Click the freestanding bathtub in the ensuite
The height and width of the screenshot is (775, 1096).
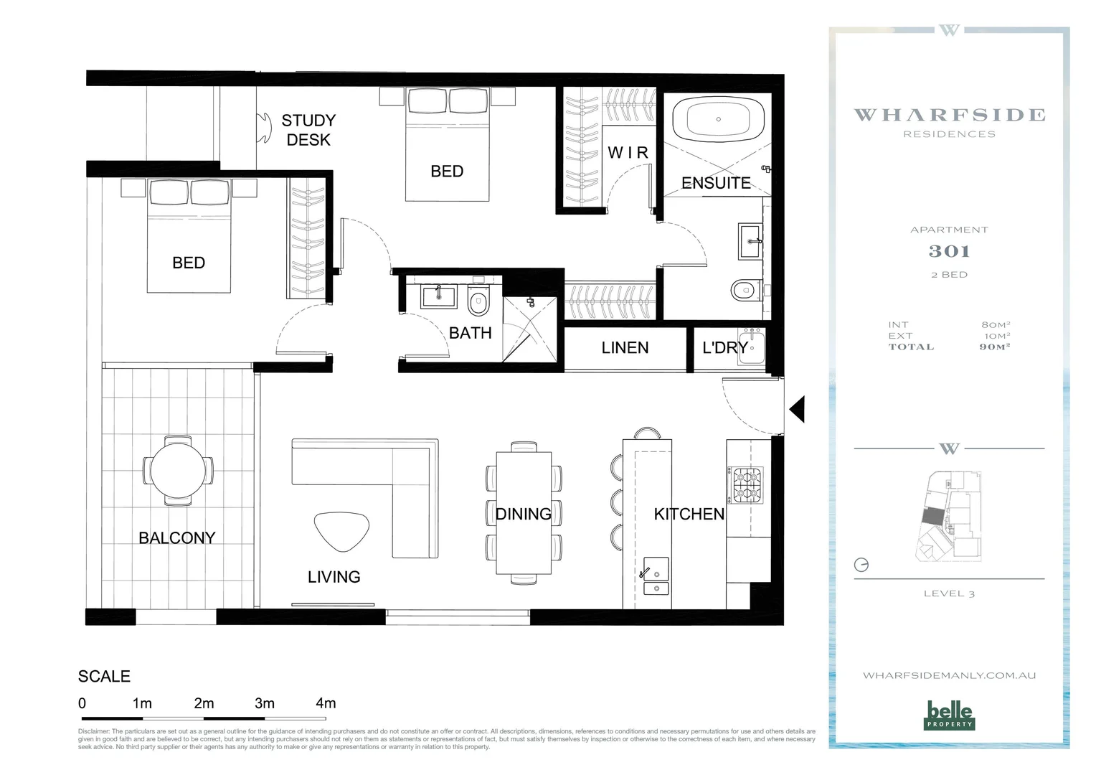coord(717,119)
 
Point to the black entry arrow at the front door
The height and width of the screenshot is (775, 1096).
coord(797,409)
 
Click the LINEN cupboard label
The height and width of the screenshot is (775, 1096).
coord(625,348)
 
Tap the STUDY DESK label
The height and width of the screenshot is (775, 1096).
coord(308,130)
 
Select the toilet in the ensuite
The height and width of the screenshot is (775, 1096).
coord(745,291)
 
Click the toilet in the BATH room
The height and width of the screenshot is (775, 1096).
coord(478,302)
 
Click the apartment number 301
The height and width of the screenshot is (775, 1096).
coord(949,251)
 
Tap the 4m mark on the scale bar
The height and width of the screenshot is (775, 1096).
coord(326,703)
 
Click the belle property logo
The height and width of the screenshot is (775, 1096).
coord(950,715)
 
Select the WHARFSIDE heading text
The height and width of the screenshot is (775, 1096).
coord(949,115)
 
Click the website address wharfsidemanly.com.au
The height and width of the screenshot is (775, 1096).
coord(949,675)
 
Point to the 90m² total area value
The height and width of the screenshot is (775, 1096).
coord(995,347)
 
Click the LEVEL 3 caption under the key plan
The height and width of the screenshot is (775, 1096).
coord(949,593)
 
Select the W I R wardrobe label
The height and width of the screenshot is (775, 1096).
coord(628,153)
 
